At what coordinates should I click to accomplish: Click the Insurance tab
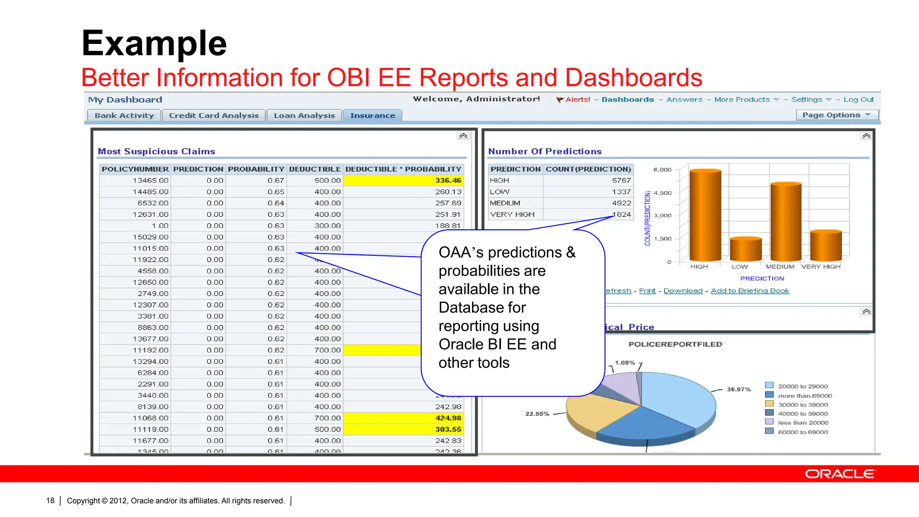coord(372,116)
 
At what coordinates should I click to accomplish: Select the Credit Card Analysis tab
coord(214,116)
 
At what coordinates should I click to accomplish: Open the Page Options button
coord(836,115)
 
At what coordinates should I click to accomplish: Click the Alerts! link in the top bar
coord(577,100)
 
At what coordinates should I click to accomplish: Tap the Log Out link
coord(858,100)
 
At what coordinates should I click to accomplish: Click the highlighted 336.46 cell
coord(448,180)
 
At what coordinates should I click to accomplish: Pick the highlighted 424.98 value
coord(448,418)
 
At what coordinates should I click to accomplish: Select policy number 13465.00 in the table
coord(150,180)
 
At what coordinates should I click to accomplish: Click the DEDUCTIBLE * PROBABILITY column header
coord(403,169)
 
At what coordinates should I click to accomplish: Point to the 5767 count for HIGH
coord(621,180)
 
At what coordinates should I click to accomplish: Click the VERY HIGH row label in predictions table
coord(512,215)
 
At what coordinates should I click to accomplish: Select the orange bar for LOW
coord(745,250)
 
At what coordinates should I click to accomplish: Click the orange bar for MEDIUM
coord(786,222)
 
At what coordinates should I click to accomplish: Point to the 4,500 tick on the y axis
coord(662,193)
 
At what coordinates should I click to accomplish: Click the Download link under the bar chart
coord(683,291)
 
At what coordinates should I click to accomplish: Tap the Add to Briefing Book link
coord(749,291)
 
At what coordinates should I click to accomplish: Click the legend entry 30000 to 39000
coord(802,405)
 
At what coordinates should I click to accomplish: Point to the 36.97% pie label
coord(739,390)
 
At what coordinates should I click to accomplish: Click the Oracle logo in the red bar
coord(840,474)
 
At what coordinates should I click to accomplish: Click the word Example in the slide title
coord(154,44)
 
